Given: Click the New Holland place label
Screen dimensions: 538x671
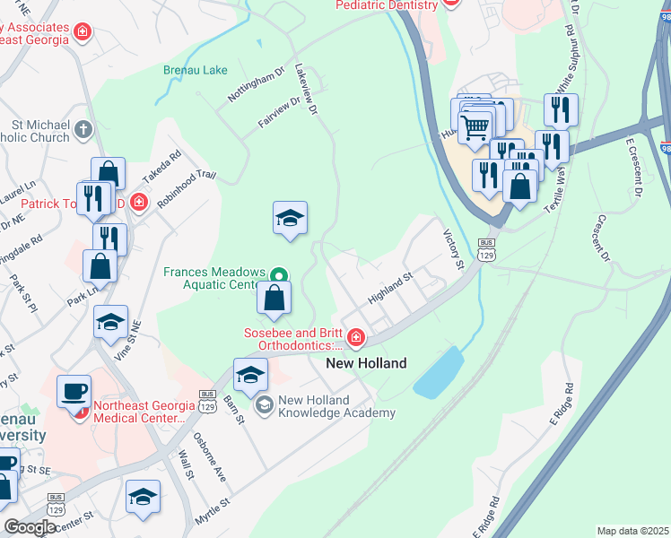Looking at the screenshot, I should tap(366, 363).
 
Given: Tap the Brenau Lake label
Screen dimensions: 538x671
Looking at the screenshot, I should tap(196, 70).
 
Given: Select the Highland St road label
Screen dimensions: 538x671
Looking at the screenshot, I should tap(390, 288).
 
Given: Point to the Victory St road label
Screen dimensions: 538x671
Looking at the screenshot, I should tap(453, 248).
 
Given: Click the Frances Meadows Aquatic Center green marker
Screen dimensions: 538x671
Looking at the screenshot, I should tap(279, 274).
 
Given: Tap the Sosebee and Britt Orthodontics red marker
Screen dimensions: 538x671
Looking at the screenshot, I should tap(356, 337).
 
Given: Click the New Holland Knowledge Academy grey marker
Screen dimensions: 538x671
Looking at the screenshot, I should tap(264, 406).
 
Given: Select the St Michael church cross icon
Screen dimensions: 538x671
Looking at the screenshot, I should tap(83, 129).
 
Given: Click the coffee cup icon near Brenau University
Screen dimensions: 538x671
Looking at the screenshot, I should tap(74, 391).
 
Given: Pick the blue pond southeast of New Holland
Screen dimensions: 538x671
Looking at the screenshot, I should tap(438, 373).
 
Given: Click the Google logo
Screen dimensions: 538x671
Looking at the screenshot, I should tap(29, 527).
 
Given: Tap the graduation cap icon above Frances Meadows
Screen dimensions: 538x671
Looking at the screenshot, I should tap(290, 218).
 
